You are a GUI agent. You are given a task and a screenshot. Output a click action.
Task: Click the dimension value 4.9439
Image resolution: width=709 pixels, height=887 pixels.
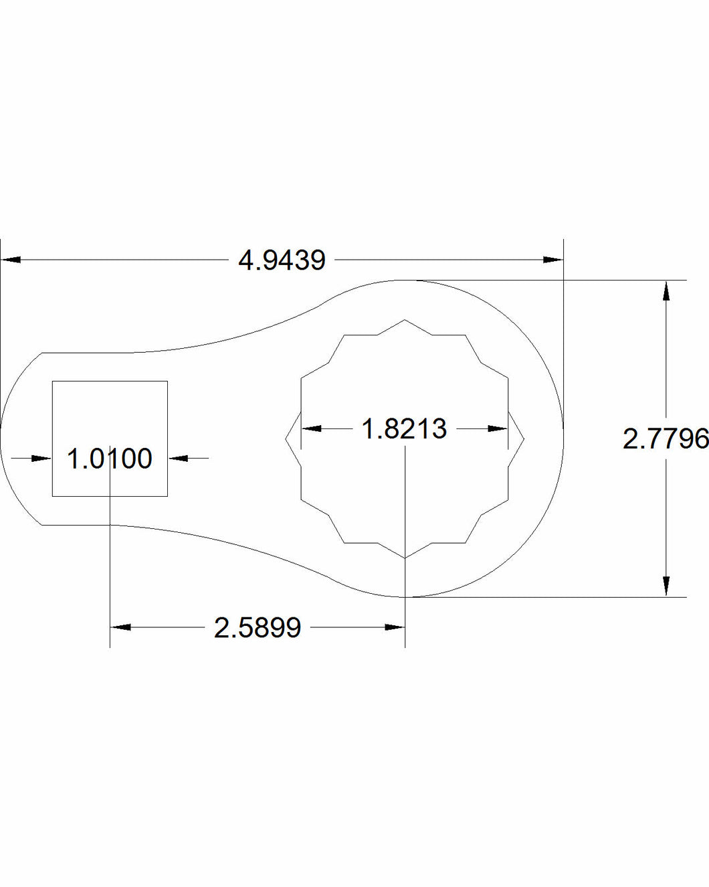point(282,260)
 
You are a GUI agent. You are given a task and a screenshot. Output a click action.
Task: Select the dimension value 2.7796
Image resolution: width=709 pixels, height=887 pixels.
point(666,438)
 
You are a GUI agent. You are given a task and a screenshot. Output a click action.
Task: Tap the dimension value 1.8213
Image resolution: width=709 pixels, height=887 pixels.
point(404,428)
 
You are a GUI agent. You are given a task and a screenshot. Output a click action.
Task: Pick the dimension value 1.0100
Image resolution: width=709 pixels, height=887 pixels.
point(110,459)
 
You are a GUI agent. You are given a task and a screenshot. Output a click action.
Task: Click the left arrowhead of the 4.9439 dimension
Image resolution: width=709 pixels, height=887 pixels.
point(11,260)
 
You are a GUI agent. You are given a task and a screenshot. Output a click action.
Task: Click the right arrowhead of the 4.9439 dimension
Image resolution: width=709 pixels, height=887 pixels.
point(553,260)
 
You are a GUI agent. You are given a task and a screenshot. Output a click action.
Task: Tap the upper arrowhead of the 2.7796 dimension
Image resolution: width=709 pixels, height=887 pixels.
point(666,291)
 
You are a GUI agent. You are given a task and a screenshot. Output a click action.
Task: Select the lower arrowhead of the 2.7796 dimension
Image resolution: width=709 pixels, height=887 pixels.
point(666,586)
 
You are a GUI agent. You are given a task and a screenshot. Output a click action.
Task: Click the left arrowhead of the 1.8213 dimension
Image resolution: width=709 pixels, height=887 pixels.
point(312,428)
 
